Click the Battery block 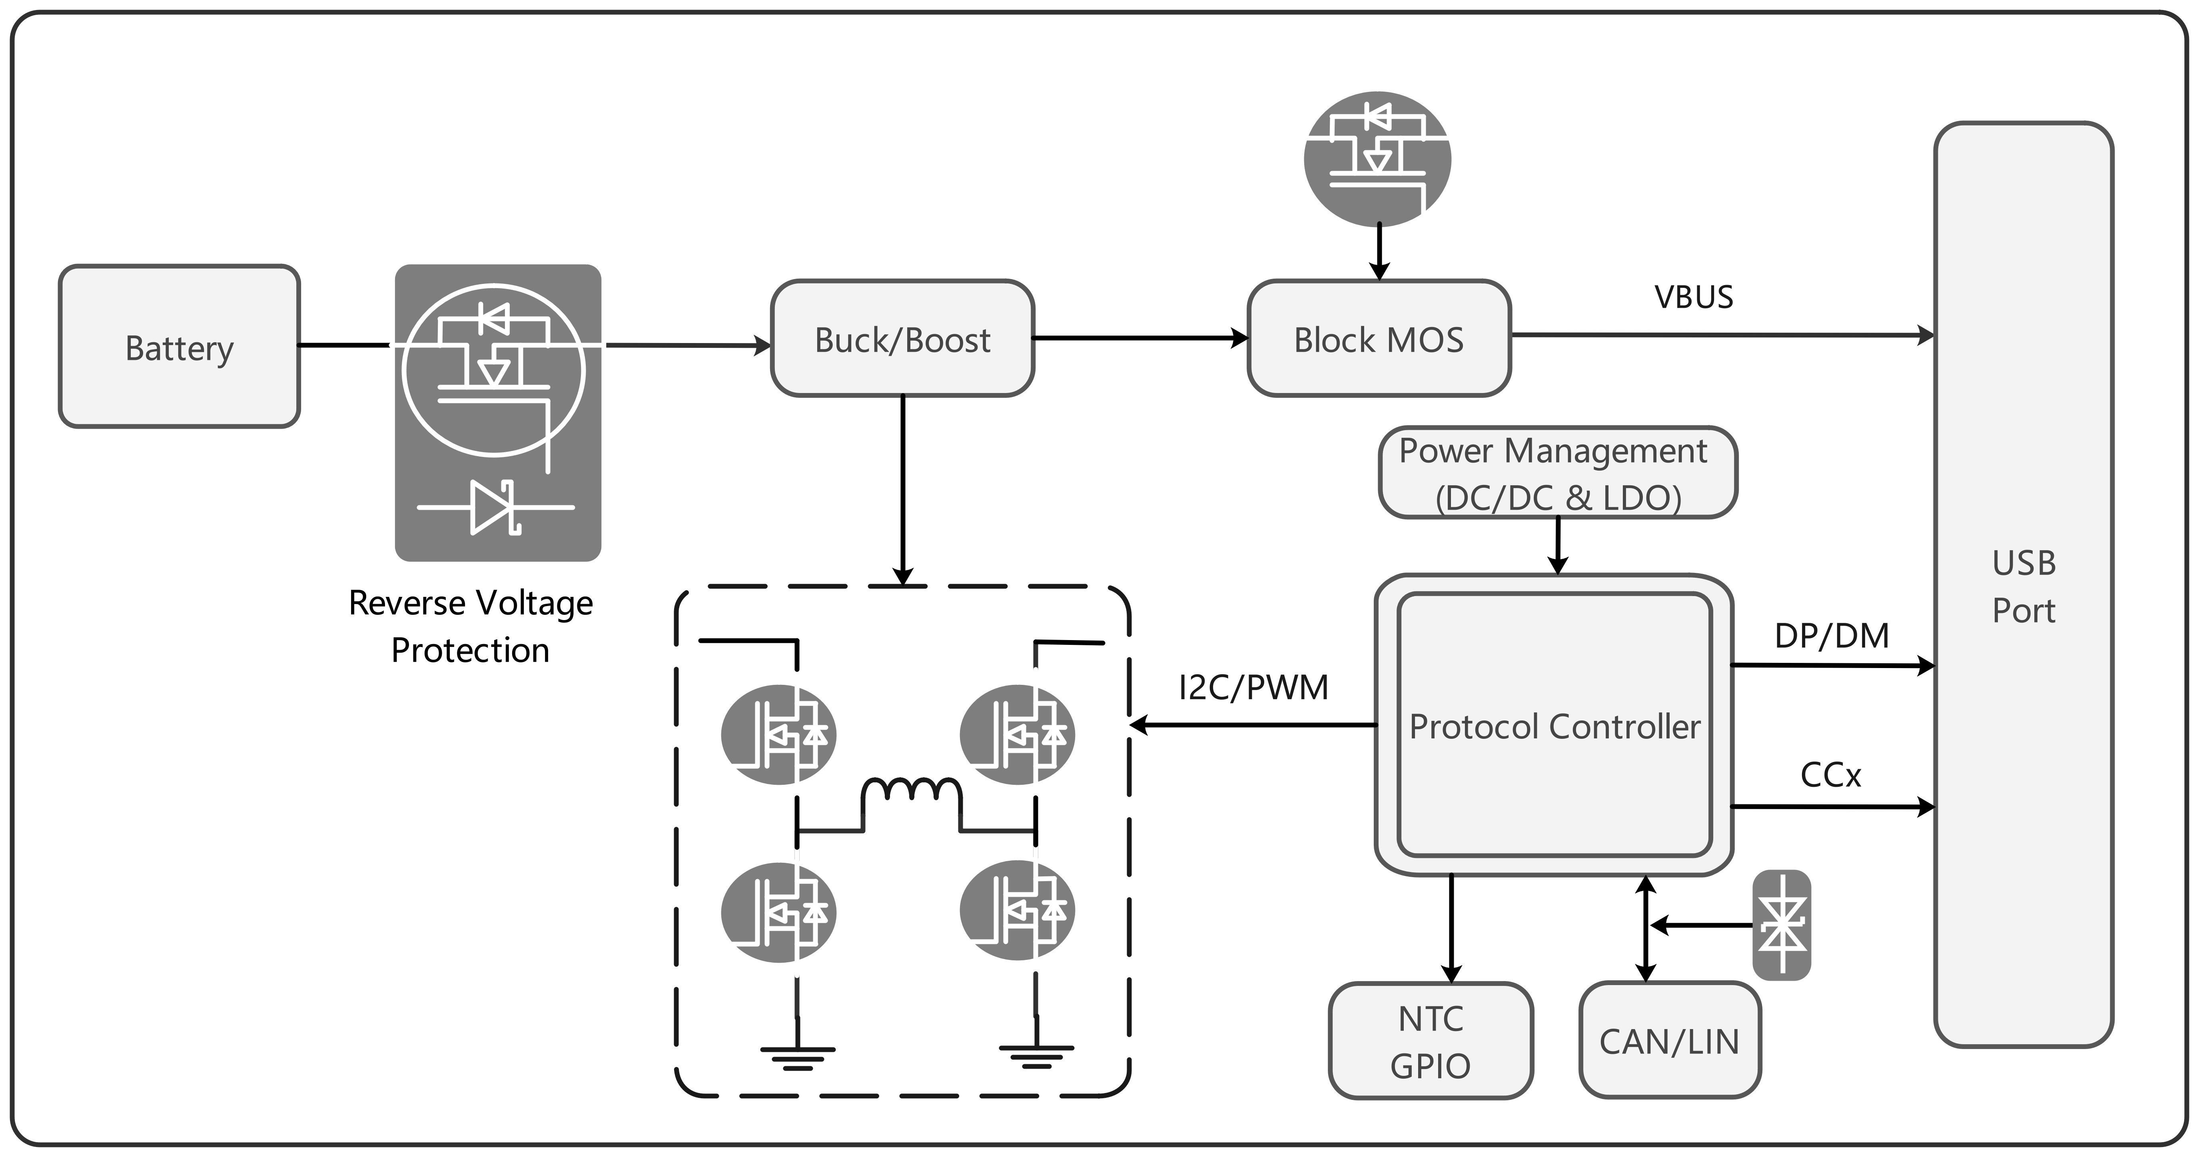pos(179,346)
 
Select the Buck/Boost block pos(902,338)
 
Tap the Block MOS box pos(1379,338)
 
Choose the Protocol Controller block pos(1554,725)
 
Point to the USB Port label pos(2024,586)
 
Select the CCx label pos(1830,774)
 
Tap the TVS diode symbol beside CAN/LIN pos(1782,925)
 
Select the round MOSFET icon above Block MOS pos(1378,159)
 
